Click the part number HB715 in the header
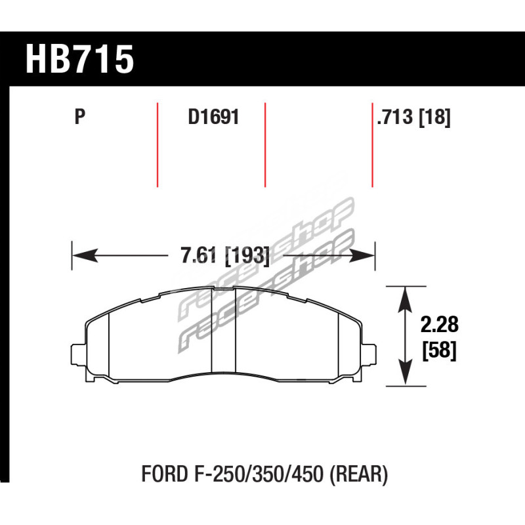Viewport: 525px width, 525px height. [79, 59]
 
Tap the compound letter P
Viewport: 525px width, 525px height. [79, 117]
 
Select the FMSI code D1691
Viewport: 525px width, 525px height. [214, 117]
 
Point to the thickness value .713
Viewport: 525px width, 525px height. [395, 117]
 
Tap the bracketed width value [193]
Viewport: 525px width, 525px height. [247, 256]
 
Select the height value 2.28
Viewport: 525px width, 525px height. [439, 324]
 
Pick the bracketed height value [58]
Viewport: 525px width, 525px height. [439, 350]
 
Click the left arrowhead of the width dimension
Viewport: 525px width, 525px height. [85, 255]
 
